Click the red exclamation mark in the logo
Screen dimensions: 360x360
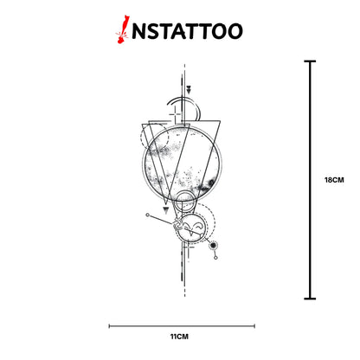tap(122, 29)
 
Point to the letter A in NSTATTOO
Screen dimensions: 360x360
tap(183, 31)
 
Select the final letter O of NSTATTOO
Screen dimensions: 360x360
tap(234, 31)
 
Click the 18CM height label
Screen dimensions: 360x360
tap(334, 180)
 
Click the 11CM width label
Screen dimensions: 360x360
tap(179, 337)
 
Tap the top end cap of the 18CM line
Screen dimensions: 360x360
tap(310, 61)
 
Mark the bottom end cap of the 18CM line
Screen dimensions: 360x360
tap(310, 299)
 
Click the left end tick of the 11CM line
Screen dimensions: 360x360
tap(109, 326)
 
